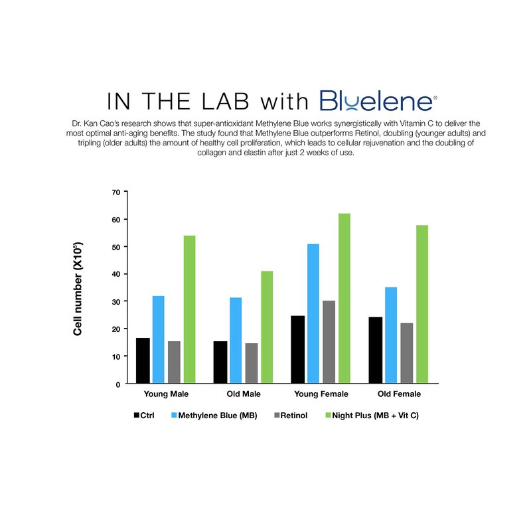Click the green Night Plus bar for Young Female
(344, 299)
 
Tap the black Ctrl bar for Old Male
(220, 362)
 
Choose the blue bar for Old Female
(390, 335)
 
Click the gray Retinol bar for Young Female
(329, 342)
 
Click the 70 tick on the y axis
(117, 192)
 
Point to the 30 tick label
(117, 301)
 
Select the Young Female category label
(321, 394)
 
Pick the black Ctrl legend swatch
(136, 416)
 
